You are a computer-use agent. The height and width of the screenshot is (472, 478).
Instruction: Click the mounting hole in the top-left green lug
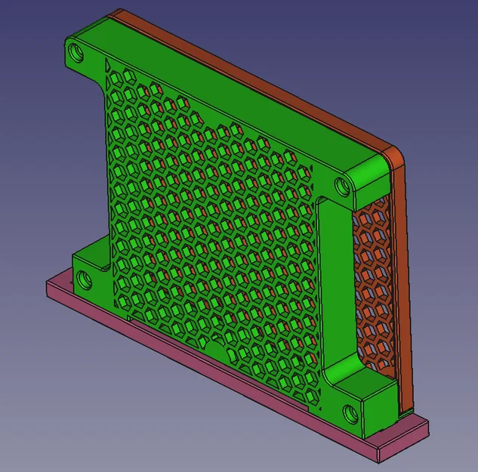76,54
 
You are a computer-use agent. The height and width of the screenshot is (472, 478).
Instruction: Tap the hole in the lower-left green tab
84,280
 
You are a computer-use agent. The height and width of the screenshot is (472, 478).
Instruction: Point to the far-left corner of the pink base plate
48,282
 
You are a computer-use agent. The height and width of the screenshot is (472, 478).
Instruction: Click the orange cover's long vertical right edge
402,287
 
